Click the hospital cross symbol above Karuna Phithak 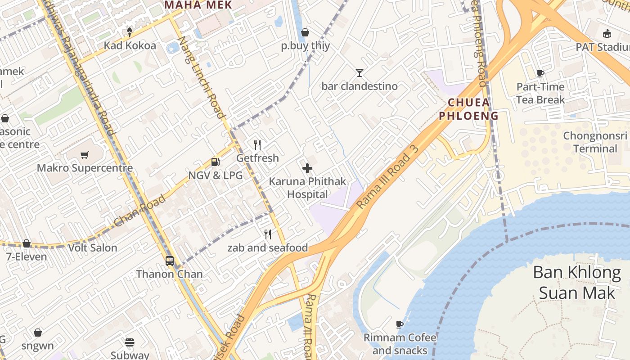click(x=307, y=169)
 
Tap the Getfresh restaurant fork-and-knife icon click(x=257, y=145)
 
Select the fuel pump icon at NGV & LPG click(x=216, y=162)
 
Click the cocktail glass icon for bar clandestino click(x=359, y=72)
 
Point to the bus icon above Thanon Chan click(x=170, y=261)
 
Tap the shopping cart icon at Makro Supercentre click(x=84, y=155)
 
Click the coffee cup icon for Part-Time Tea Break click(x=540, y=73)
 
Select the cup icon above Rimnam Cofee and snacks click(x=400, y=324)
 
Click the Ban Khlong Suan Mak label click(x=577, y=282)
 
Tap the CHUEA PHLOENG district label click(x=469, y=109)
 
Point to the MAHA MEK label click(x=198, y=5)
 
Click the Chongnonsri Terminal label click(x=595, y=142)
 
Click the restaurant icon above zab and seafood click(x=268, y=234)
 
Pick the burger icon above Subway click(x=130, y=342)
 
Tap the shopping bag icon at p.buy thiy click(x=305, y=32)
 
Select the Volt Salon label click(x=93, y=248)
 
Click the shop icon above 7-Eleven click(x=27, y=243)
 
